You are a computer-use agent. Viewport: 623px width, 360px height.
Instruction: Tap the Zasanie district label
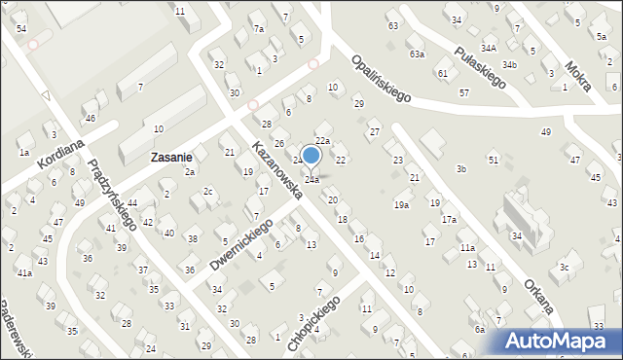pyautogui.click(x=170, y=156)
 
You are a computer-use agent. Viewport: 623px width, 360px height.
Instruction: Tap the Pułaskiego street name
pyautogui.click(x=479, y=67)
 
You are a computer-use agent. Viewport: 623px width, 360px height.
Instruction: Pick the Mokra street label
pyautogui.click(x=578, y=71)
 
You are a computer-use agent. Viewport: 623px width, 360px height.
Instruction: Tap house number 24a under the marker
pyautogui.click(x=311, y=180)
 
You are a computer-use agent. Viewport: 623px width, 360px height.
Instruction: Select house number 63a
pyautogui.click(x=417, y=54)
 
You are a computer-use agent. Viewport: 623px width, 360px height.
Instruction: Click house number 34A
pyautogui.click(x=488, y=47)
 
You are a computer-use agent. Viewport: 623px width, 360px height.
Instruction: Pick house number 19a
pyautogui.click(x=400, y=205)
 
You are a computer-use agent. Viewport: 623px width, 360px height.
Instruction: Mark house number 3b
pyautogui.click(x=461, y=169)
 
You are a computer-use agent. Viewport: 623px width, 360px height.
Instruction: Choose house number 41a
pyautogui.click(x=24, y=272)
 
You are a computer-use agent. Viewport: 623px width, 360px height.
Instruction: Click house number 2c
pyautogui.click(x=208, y=191)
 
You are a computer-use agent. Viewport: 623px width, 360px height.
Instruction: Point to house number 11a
pyautogui.click(x=468, y=248)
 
